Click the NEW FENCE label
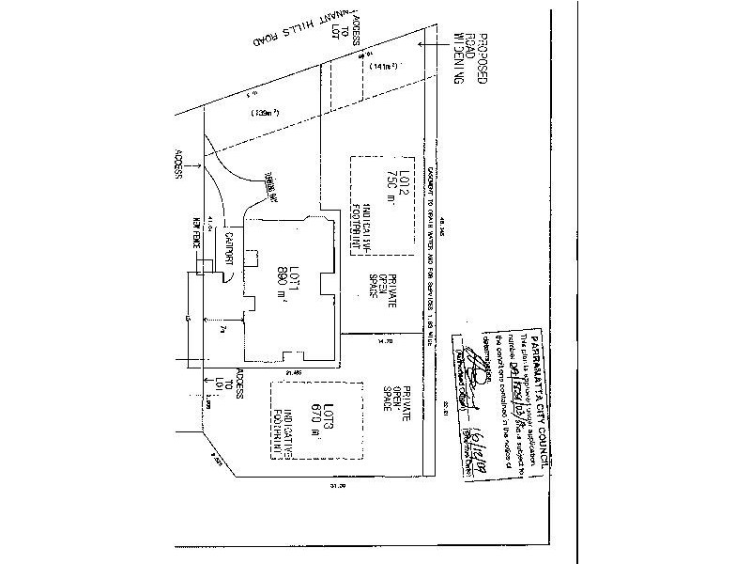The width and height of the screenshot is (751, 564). (197, 233)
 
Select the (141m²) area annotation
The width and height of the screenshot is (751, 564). (386, 67)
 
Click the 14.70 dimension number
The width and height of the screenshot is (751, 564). (383, 344)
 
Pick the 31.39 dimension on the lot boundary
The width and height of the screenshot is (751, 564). (331, 486)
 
